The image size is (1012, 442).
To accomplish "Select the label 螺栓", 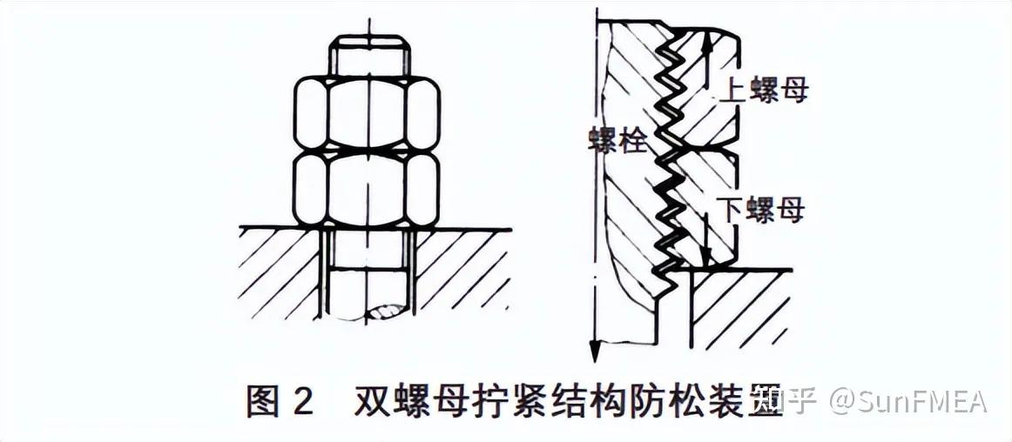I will tap(617, 140).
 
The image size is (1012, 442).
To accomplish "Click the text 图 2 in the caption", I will tap(280, 402).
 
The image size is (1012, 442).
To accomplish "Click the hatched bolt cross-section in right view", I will tap(631, 226).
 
